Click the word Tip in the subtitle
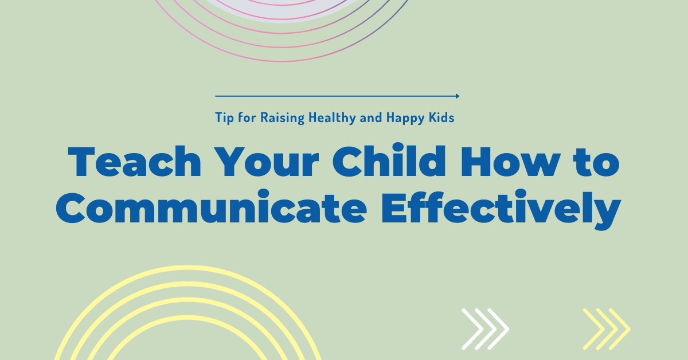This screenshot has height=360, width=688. (x=224, y=118)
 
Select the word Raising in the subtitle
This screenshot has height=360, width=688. (x=282, y=118)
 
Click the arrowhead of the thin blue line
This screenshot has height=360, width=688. (x=457, y=96)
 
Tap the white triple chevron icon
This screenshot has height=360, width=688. (x=485, y=329)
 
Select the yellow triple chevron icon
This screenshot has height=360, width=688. (x=606, y=329)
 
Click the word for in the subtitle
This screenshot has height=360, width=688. (x=247, y=118)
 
